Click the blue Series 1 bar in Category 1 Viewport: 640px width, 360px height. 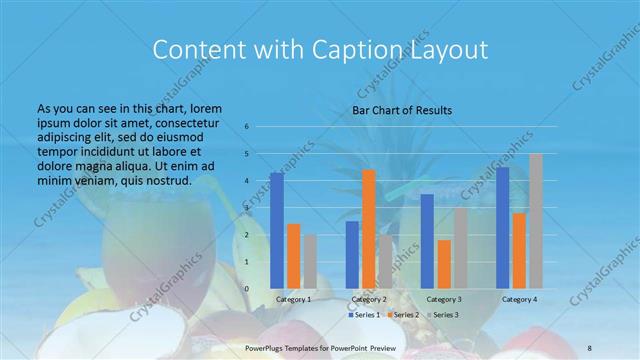tap(277, 230)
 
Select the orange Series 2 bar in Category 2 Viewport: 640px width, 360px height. tap(369, 229)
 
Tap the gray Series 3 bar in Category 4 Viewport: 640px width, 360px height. tap(536, 221)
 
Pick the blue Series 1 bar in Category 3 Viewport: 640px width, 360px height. tap(427, 241)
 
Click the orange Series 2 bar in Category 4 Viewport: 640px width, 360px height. tap(519, 250)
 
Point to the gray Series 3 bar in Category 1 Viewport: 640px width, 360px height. tap(311, 261)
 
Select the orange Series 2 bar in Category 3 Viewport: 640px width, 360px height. tap(444, 264)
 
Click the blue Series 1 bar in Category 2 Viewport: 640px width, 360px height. tap(352, 254)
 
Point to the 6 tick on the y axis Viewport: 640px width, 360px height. tap(246, 127)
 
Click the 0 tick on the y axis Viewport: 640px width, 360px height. tap(246, 289)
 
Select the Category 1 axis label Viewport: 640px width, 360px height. tap(293, 299)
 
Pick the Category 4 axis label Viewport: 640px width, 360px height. tap(519, 299)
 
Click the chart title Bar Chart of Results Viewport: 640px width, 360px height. tap(402, 110)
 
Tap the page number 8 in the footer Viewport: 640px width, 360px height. tap(590, 345)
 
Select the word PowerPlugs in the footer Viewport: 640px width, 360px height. tap(265, 345)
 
